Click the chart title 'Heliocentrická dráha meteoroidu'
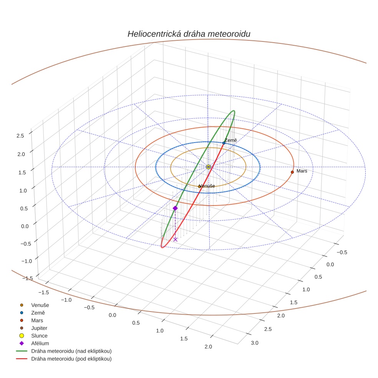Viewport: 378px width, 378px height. click(x=189, y=34)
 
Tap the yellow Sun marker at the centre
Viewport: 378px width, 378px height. click(x=208, y=167)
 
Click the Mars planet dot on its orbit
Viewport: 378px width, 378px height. click(x=292, y=172)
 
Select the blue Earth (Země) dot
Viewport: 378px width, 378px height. click(x=224, y=143)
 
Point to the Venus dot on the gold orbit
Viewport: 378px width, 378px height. click(x=199, y=186)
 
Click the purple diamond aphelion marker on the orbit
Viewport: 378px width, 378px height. click(x=175, y=208)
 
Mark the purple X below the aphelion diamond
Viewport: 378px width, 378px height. click(x=175, y=239)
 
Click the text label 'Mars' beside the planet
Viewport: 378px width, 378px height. click(x=302, y=171)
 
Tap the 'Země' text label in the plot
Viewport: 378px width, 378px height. click(x=231, y=140)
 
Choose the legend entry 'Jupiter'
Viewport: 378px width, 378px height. click(x=39, y=328)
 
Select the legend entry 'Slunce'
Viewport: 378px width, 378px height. click(x=39, y=336)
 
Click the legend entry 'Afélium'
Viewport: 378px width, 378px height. click(x=40, y=343)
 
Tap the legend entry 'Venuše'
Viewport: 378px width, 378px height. click(x=40, y=305)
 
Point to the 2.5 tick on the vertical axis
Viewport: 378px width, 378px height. click(x=20, y=135)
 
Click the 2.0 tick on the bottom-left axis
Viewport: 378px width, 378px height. click(x=208, y=347)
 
